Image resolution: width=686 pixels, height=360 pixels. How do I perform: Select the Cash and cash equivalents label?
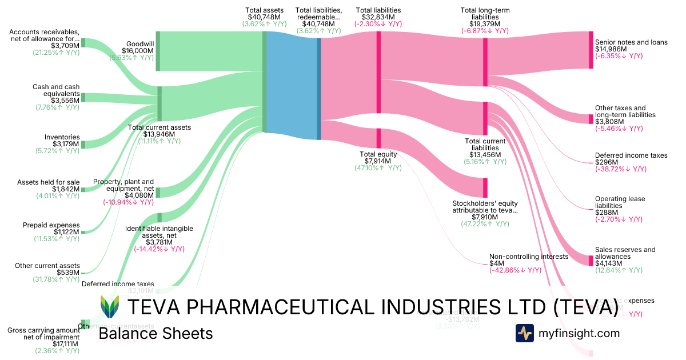click(56, 90)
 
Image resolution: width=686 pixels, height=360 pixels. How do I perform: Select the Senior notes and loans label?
click(631, 42)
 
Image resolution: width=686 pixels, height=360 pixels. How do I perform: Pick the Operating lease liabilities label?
click(620, 202)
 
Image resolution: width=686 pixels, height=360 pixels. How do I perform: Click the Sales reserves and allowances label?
click(625, 253)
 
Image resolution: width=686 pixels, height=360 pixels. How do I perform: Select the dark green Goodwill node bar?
click(158, 51)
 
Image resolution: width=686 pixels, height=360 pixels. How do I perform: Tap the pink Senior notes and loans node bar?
click(591, 50)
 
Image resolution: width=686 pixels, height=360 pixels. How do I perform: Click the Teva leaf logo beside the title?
click(110, 307)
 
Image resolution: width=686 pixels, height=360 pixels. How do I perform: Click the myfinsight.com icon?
click(524, 333)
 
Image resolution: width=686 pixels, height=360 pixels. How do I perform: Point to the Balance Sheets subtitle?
click(155, 334)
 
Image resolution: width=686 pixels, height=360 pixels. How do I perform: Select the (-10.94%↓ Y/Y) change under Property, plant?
click(128, 202)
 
